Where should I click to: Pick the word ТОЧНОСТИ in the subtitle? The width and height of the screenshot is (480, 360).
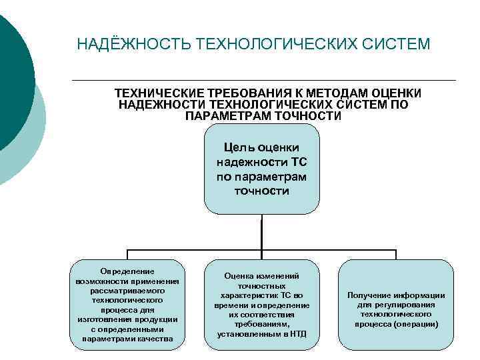pyautogui.click(x=308, y=116)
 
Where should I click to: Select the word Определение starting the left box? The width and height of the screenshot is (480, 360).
pyautogui.click(x=127, y=271)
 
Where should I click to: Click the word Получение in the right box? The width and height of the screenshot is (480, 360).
pyautogui.click(x=368, y=295)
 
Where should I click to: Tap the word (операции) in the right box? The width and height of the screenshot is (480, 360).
pyautogui.click(x=415, y=324)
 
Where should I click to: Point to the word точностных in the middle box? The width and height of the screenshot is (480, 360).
pyautogui.click(x=261, y=285)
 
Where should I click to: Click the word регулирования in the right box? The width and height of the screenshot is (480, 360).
pyautogui.click(x=407, y=305)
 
